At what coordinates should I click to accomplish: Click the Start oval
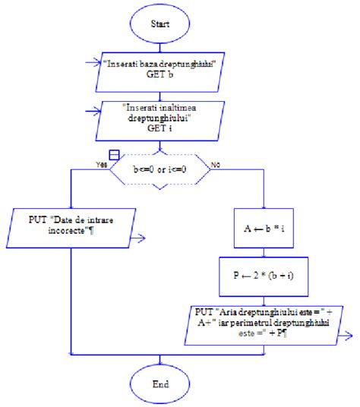[x=159, y=24]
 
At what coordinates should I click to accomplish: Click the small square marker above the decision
[x=114, y=155]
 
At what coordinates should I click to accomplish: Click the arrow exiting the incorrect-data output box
[x=140, y=240]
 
